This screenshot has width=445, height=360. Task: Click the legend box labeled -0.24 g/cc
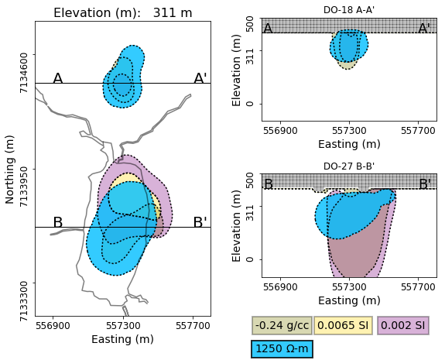pyautogui.click(x=281, y=326)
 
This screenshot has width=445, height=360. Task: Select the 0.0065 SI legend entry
pyautogui.click(x=343, y=326)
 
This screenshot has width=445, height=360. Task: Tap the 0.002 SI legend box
pyautogui.click(x=403, y=326)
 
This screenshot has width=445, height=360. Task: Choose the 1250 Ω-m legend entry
pyautogui.click(x=282, y=349)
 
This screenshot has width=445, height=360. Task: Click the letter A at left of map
pyautogui.click(x=57, y=79)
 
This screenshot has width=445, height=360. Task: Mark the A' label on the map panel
pyautogui.click(x=200, y=79)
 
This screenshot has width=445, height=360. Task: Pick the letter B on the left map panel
pyautogui.click(x=57, y=223)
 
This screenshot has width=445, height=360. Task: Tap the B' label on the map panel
pyautogui.click(x=200, y=223)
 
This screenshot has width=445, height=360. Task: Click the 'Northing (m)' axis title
pyautogui.click(x=11, y=169)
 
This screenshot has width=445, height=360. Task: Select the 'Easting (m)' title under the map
pyautogui.click(x=122, y=339)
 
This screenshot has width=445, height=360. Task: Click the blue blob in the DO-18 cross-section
pyautogui.click(x=349, y=46)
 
